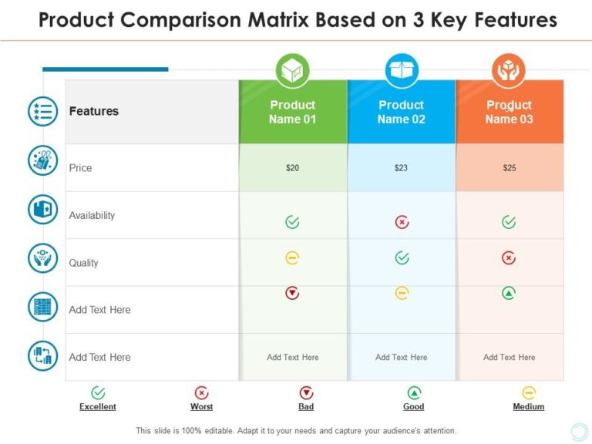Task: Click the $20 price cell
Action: click(293, 168)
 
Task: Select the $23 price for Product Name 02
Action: click(401, 168)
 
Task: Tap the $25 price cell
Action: click(510, 168)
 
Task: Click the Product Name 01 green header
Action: click(293, 113)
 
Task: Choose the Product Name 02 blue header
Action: click(401, 113)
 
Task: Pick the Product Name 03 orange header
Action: click(509, 113)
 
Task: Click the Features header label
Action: click(94, 111)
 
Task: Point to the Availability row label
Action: click(92, 216)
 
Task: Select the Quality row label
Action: click(84, 263)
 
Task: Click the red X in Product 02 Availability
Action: click(402, 222)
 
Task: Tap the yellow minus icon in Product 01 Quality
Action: click(292, 258)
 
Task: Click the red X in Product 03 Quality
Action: click(509, 258)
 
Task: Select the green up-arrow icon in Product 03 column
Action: click(509, 293)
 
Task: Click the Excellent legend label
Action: click(98, 407)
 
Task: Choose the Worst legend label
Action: click(202, 407)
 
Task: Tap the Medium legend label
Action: click(529, 407)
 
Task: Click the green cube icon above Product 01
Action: click(293, 71)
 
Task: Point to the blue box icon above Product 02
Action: click(402, 71)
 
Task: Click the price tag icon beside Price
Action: click(43, 161)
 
